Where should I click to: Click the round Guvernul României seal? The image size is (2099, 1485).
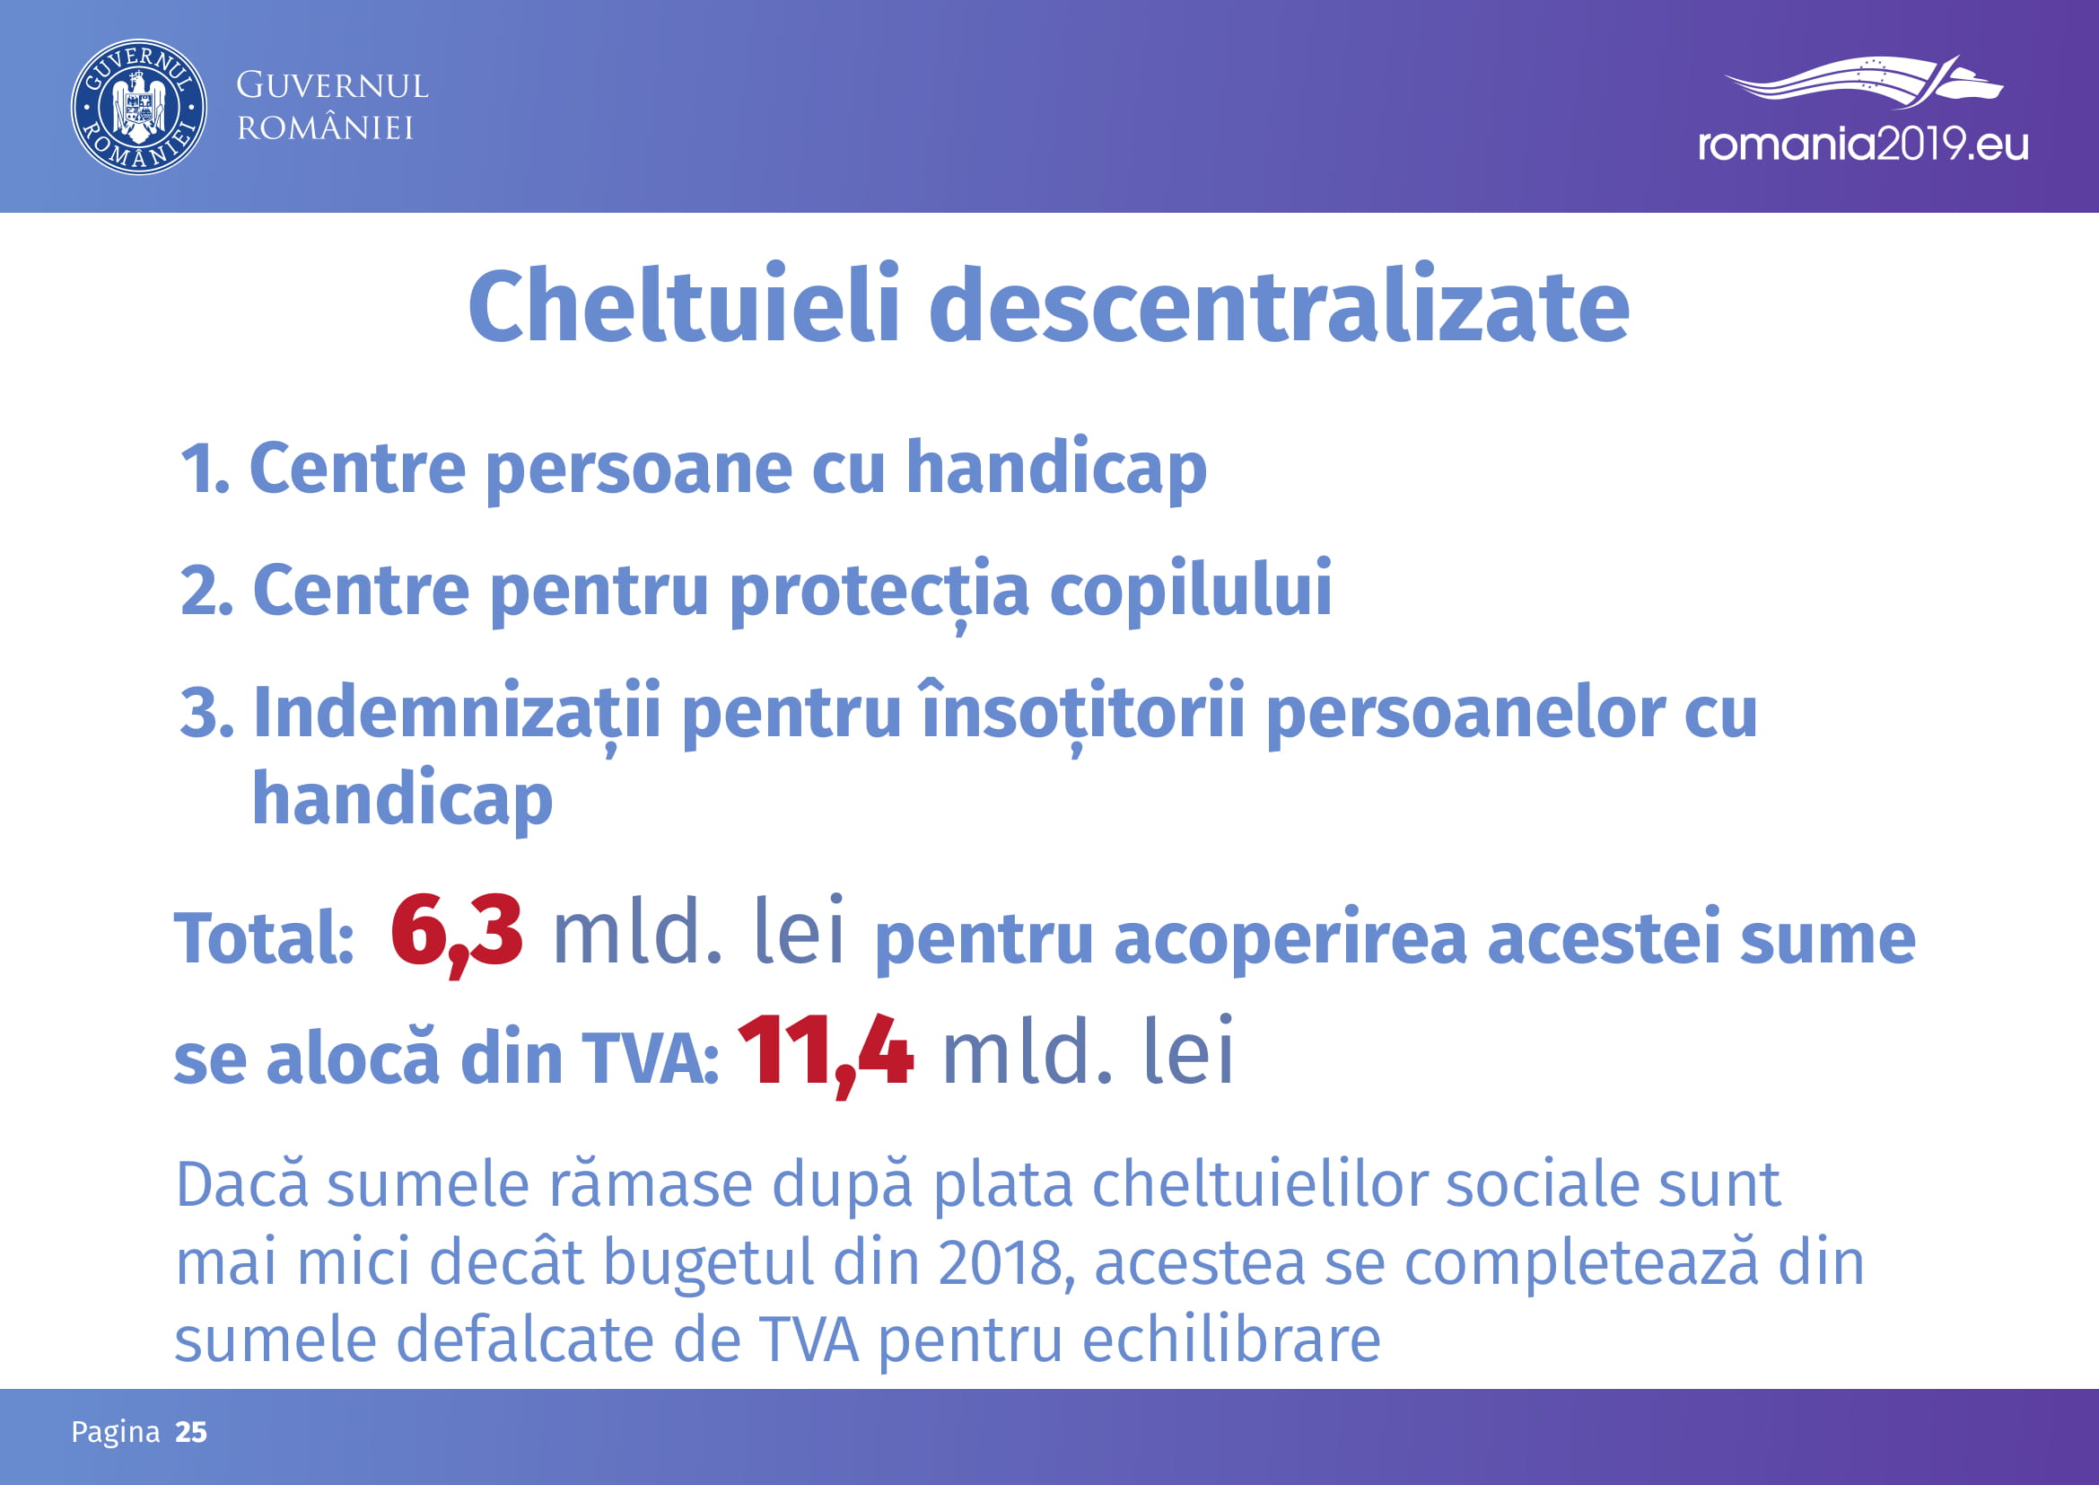tap(138, 107)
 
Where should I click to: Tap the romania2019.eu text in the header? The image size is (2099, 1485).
tap(1863, 145)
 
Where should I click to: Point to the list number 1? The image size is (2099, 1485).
tap(203, 469)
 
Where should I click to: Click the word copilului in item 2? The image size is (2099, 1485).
tap(1190, 591)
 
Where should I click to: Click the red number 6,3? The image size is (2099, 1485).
tap(457, 934)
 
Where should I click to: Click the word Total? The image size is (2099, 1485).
tap(264, 938)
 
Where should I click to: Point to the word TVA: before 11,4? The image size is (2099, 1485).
tap(650, 1059)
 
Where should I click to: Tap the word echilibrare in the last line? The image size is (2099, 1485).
tap(1231, 1340)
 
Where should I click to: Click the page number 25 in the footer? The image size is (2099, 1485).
tap(191, 1432)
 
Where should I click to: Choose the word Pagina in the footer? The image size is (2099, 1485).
tap(116, 1433)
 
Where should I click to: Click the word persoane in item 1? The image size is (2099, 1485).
tap(638, 469)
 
